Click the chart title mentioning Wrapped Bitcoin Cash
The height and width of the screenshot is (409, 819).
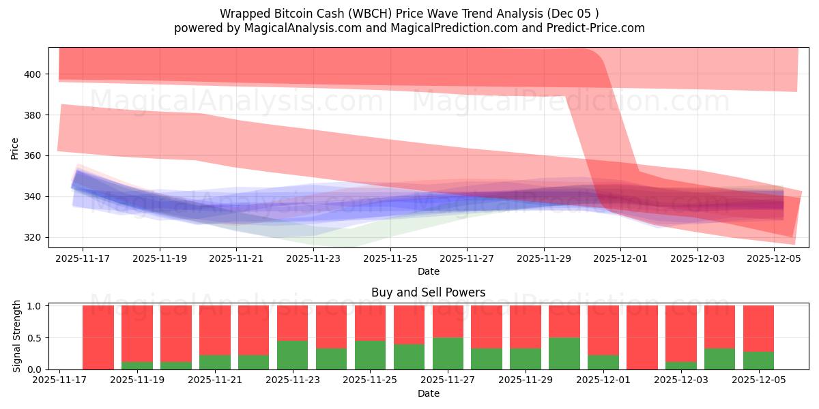tap(409, 14)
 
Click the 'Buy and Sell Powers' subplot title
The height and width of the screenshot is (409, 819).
tap(428, 292)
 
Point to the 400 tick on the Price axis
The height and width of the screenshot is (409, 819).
tap(33, 74)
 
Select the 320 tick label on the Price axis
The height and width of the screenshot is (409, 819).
tap(33, 237)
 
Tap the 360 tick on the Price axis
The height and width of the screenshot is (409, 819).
tap(33, 155)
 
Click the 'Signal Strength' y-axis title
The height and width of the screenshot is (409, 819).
tap(17, 337)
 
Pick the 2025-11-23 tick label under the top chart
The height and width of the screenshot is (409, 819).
tap(313, 258)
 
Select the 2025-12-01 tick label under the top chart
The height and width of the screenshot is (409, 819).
tap(620, 258)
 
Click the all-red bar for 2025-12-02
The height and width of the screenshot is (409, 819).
tap(642, 337)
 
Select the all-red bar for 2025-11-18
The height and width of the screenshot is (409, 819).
tap(98, 337)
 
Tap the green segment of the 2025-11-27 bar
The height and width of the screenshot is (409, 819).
tap(448, 354)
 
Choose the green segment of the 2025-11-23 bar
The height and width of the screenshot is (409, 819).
tap(292, 355)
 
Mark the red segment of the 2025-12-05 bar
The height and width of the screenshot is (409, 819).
tap(758, 328)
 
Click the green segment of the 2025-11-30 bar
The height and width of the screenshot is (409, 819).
tap(564, 354)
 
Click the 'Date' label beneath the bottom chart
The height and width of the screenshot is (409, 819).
tap(428, 393)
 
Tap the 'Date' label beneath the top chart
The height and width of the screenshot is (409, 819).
tap(428, 271)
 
